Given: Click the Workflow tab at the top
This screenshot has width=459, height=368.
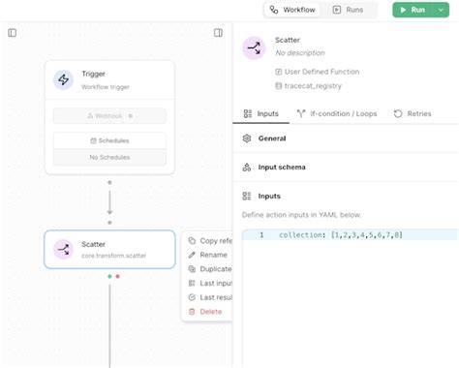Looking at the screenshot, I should (292, 10).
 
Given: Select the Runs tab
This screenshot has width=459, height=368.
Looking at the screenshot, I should (349, 10).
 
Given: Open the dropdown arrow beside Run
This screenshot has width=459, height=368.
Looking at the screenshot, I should (442, 10).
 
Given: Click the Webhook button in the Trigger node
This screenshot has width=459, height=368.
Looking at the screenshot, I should (109, 116).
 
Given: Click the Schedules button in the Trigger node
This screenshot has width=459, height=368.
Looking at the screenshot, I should (109, 140).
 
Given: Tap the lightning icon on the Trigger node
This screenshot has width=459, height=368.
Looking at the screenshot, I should (64, 80).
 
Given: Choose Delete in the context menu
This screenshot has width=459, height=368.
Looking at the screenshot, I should (210, 311).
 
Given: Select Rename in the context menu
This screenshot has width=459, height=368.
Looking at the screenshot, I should (213, 255).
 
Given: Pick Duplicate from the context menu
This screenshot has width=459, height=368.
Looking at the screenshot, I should (215, 269).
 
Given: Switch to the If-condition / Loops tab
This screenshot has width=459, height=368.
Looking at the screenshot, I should (336, 113).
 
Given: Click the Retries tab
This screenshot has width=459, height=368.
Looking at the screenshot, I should (413, 113).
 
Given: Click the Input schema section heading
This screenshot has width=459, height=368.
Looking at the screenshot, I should (281, 167).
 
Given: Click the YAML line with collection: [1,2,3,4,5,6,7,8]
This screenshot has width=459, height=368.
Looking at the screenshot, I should (339, 235).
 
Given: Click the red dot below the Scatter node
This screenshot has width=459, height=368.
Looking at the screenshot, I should (118, 276).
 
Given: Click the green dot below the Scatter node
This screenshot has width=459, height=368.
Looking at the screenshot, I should (109, 276).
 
